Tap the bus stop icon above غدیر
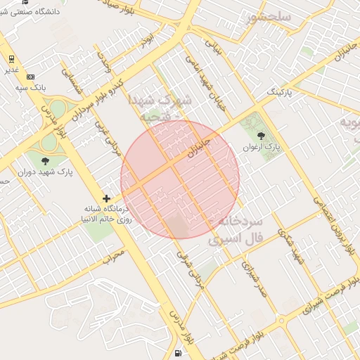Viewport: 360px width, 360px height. pos(12,59)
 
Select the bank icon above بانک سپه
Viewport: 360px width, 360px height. pos(30,76)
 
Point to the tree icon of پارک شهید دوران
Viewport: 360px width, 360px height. pos(45,161)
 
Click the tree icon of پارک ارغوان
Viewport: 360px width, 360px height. pos(262,135)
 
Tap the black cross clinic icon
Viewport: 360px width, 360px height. pos(106,199)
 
